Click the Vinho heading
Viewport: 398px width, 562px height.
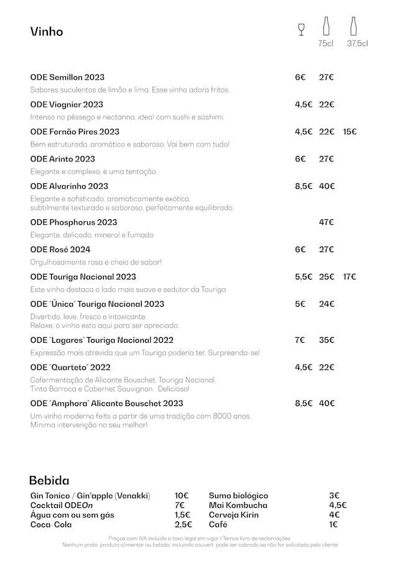pos(47,32)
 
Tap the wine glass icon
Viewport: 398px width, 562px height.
pos(302,29)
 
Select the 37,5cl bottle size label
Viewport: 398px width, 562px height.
pos(358,43)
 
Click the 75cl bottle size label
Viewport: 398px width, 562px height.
pos(326,43)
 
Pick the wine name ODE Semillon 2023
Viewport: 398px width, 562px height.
pos(67,77)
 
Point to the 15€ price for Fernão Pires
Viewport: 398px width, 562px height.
pos(349,132)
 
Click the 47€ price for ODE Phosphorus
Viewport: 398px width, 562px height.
pos(326,222)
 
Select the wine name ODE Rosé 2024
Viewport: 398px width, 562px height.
pos(60,250)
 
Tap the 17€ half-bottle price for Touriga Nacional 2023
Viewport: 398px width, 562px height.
pos(349,276)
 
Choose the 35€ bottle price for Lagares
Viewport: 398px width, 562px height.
pos(326,340)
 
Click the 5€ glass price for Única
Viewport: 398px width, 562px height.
pos(300,304)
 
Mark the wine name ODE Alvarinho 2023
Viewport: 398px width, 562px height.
pos(69,186)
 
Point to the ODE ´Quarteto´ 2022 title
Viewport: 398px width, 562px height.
pos(70,367)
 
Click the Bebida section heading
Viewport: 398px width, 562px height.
pos(49,481)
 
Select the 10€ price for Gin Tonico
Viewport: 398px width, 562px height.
pos(182,496)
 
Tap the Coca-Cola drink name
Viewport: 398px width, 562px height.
pos(51,525)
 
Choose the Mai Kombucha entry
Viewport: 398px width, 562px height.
pos(238,505)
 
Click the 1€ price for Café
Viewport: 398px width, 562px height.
pos(334,525)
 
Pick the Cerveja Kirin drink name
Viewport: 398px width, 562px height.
pos(234,515)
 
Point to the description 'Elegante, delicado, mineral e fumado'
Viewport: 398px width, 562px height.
pos(92,235)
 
